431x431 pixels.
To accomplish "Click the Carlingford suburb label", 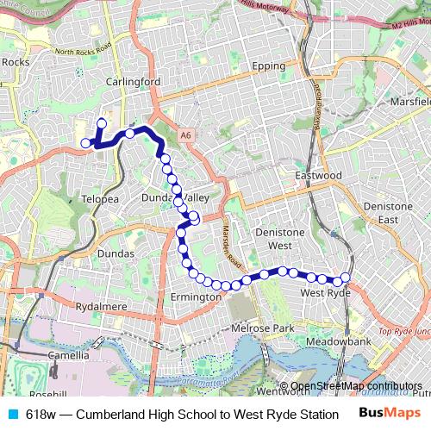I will (133, 82).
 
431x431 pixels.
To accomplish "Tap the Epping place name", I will (268, 66).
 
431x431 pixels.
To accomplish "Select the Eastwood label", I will (319, 176).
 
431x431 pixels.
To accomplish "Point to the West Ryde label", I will (324, 294).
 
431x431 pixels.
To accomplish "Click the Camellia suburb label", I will (70, 355).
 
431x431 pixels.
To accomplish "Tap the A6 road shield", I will (186, 135).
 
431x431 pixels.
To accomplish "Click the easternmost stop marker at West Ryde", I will (345, 278).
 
